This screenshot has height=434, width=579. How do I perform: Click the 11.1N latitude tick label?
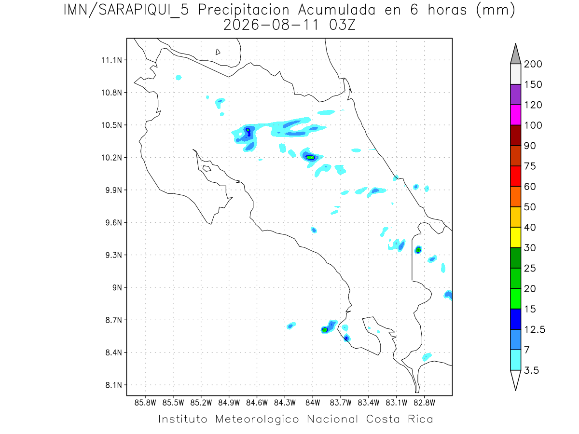(111, 60)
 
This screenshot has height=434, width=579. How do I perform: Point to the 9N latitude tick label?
(117, 287)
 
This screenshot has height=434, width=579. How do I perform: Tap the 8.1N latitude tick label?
(114, 385)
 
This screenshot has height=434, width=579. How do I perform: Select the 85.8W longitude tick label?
(145, 403)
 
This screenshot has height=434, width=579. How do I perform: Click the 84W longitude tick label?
(313, 403)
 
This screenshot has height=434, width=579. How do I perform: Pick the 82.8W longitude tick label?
(424, 403)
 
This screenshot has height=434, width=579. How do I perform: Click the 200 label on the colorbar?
(533, 64)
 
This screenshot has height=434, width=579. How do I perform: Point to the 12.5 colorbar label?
(535, 330)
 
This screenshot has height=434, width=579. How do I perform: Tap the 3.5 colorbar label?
(531, 370)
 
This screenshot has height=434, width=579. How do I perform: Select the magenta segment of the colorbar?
(515, 115)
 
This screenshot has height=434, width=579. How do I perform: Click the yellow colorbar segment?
(515, 237)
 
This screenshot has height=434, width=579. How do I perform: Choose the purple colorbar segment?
(515, 95)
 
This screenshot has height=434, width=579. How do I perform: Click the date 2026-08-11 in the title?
(272, 25)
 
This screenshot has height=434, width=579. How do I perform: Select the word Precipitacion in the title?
(244, 10)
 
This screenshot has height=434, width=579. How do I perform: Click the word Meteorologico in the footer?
(257, 419)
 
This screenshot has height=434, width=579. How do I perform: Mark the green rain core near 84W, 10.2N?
(310, 158)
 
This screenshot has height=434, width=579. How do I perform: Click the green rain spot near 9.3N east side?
(418, 250)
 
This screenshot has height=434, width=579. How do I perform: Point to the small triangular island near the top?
(218, 52)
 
